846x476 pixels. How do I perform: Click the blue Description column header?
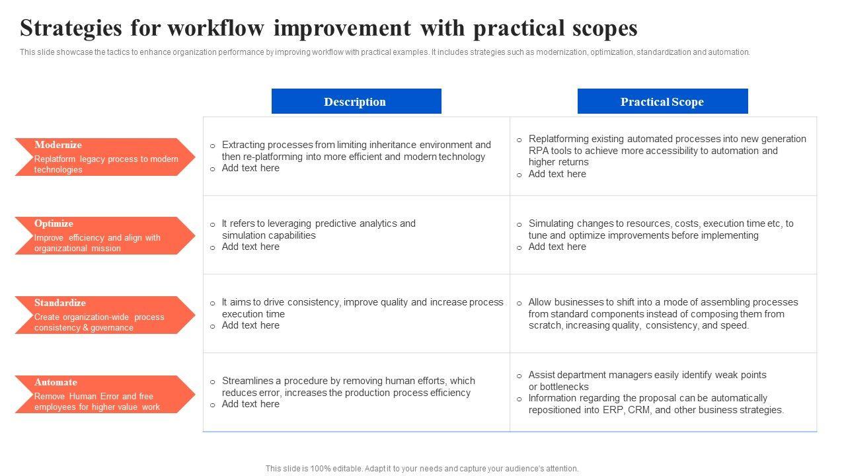point(356,101)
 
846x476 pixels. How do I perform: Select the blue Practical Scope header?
point(662,101)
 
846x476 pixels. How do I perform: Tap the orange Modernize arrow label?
point(105,157)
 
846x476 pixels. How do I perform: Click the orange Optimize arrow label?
point(105,236)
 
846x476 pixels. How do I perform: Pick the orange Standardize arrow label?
point(105,315)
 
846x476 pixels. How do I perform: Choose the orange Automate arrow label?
point(105,395)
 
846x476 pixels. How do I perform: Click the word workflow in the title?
point(216,28)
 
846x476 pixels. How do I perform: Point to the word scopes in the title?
point(605,28)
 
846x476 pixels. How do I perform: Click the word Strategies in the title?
point(71,28)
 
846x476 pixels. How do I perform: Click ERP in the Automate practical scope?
point(613,410)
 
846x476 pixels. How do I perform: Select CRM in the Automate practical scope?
point(639,410)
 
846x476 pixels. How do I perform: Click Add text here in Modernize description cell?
point(250,168)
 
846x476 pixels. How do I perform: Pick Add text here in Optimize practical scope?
point(557,247)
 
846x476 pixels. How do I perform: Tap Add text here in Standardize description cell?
point(250,325)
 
